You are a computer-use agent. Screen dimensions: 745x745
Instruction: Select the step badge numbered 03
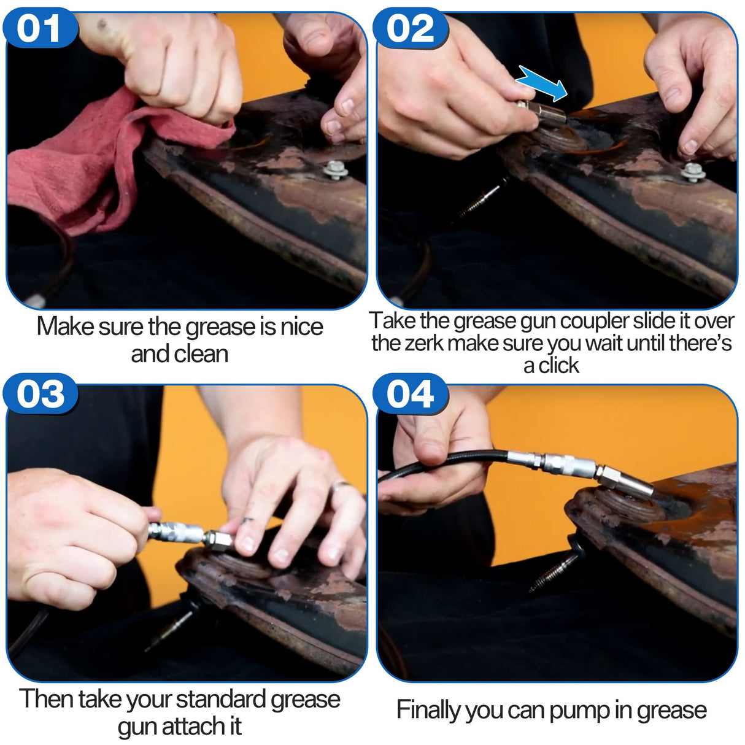tap(41, 395)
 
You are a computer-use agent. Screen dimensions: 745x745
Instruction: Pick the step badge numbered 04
tap(410, 395)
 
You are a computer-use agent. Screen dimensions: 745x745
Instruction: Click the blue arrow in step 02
tap(541, 83)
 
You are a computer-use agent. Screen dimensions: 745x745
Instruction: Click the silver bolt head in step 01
tap(336, 171)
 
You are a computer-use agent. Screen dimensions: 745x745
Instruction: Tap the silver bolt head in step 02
tap(693, 172)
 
